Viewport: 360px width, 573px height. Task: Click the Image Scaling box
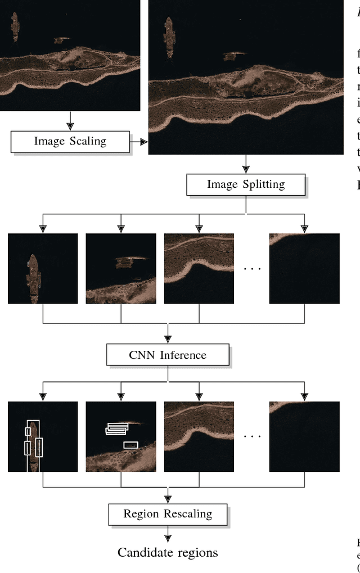tap(70, 141)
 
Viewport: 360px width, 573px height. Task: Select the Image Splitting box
tap(246, 184)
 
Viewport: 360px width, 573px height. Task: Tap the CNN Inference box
tap(168, 355)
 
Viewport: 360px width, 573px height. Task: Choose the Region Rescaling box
tap(168, 514)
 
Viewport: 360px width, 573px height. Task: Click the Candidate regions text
tap(168, 552)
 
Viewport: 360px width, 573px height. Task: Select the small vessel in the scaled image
tap(231, 56)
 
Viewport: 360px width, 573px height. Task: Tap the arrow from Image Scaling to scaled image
tap(138, 142)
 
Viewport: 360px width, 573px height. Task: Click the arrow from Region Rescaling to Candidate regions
tap(168, 535)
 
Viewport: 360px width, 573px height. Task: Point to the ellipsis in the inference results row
tap(252, 436)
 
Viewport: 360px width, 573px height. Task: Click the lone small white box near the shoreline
tap(130, 445)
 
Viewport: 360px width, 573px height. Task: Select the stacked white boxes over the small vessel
tap(117, 429)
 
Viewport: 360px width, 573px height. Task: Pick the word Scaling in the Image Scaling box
tap(87, 141)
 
